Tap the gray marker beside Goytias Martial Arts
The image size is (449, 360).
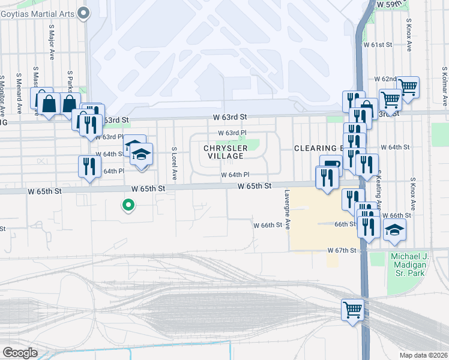(x=83, y=12)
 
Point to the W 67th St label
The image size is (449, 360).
(x=343, y=250)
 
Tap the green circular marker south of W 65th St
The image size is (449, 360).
(x=128, y=206)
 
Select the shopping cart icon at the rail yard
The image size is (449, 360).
(x=353, y=310)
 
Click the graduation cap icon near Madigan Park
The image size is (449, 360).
(x=394, y=230)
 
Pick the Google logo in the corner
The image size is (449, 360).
(x=20, y=353)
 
